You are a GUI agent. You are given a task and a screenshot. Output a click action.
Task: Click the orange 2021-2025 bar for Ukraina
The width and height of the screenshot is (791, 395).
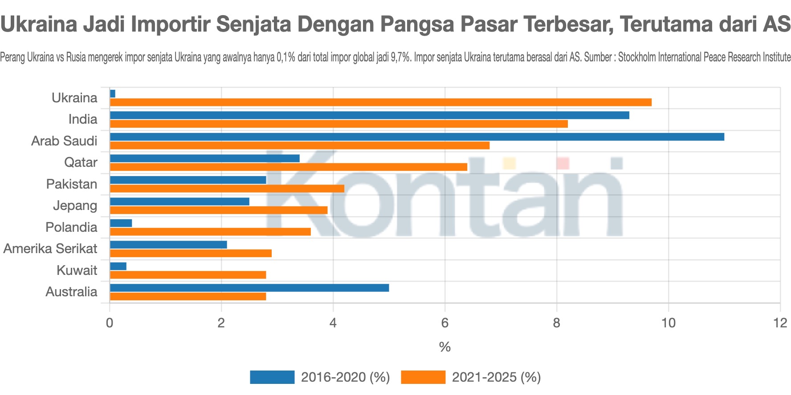point(381,102)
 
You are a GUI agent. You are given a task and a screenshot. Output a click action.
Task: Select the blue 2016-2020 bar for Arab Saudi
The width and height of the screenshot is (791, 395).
point(417,137)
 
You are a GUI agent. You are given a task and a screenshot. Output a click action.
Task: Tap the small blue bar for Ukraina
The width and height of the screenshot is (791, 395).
point(113,93)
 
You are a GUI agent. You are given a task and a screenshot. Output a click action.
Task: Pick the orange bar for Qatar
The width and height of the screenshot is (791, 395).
point(289,167)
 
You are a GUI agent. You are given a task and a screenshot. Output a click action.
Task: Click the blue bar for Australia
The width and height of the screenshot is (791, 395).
point(249,288)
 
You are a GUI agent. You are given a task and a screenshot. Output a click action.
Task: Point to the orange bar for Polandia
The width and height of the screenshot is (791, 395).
point(210,232)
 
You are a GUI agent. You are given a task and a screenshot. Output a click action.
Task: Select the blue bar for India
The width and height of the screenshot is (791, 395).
point(370,115)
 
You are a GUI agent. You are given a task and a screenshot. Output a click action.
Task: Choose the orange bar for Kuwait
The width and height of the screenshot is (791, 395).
point(188,275)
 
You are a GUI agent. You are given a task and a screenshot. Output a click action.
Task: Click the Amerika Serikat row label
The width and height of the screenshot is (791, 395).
point(50,249)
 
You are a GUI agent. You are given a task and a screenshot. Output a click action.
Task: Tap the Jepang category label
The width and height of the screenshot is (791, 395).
point(75,206)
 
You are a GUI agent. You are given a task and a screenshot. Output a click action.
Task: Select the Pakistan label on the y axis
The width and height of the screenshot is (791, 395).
point(72,184)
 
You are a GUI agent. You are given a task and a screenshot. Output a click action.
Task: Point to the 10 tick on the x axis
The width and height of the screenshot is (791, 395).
point(668,323)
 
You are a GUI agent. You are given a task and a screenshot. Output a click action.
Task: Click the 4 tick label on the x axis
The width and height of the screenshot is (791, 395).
point(333,323)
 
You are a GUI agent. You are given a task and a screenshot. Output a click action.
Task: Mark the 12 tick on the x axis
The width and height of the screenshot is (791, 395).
point(780,323)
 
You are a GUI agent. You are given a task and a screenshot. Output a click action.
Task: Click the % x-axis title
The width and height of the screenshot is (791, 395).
point(444,347)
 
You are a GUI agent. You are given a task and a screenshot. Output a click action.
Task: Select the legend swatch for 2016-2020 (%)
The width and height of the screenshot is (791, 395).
point(272,377)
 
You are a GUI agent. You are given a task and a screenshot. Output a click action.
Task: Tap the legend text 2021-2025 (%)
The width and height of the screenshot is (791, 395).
point(496,377)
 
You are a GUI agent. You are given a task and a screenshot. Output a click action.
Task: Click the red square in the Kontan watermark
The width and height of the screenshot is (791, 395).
point(563,163)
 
